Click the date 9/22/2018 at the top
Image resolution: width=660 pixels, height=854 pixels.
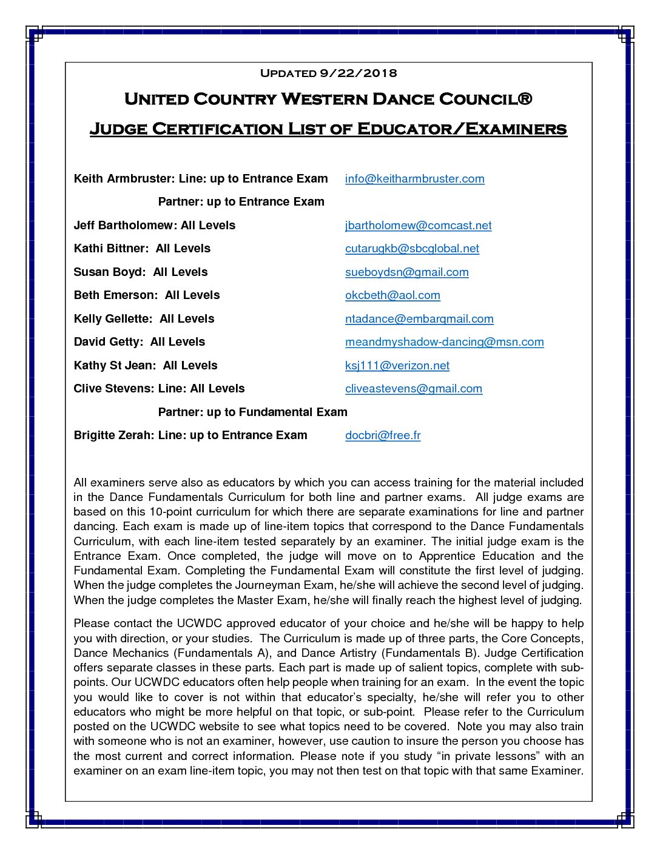click(x=358, y=73)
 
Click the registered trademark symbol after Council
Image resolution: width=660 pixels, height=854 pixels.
click(x=525, y=99)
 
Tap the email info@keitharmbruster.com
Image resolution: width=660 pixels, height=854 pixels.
click(x=414, y=179)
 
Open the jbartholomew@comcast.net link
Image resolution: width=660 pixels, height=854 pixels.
click(x=418, y=226)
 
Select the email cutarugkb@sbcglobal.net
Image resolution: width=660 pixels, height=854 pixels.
click(x=412, y=249)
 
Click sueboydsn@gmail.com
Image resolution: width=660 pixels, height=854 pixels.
click(x=406, y=272)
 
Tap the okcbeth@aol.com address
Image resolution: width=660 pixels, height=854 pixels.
click(x=392, y=295)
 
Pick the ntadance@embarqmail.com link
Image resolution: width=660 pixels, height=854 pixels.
click(x=419, y=319)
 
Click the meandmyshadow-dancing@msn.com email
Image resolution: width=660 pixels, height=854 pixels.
click(x=444, y=342)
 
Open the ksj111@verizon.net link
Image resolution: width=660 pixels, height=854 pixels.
click(x=397, y=366)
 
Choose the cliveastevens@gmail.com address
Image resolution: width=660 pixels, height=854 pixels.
click(x=414, y=389)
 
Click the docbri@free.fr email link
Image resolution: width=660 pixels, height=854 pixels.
click(x=383, y=435)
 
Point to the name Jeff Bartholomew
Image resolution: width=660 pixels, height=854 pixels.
click(x=124, y=226)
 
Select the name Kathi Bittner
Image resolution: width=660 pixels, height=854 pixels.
click(x=108, y=249)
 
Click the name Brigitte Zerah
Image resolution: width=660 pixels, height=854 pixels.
click(x=113, y=435)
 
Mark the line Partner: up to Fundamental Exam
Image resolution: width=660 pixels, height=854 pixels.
click(x=252, y=412)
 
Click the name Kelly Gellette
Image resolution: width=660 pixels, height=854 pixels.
click(x=112, y=319)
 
